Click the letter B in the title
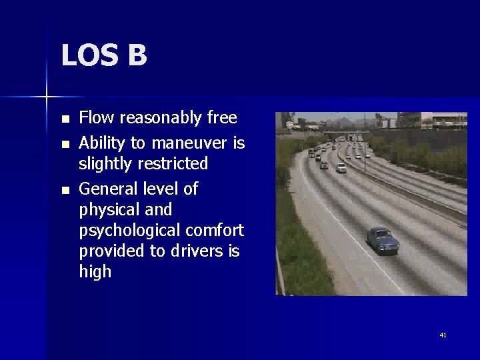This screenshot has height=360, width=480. (x=136, y=55)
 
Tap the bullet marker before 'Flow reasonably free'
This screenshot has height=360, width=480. (x=65, y=119)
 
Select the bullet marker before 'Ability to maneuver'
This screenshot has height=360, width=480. (x=65, y=144)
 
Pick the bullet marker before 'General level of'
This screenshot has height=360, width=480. (x=65, y=190)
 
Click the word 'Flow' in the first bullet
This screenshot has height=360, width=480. (x=93, y=118)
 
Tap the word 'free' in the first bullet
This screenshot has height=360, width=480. (x=222, y=118)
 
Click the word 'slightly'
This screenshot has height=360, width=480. (x=103, y=164)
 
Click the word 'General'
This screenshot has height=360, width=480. (x=107, y=189)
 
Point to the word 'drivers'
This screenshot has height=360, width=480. (x=200, y=251)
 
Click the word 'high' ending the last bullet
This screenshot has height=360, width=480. (x=95, y=272)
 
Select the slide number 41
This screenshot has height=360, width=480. (x=443, y=335)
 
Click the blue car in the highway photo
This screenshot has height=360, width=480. (x=382, y=239)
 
